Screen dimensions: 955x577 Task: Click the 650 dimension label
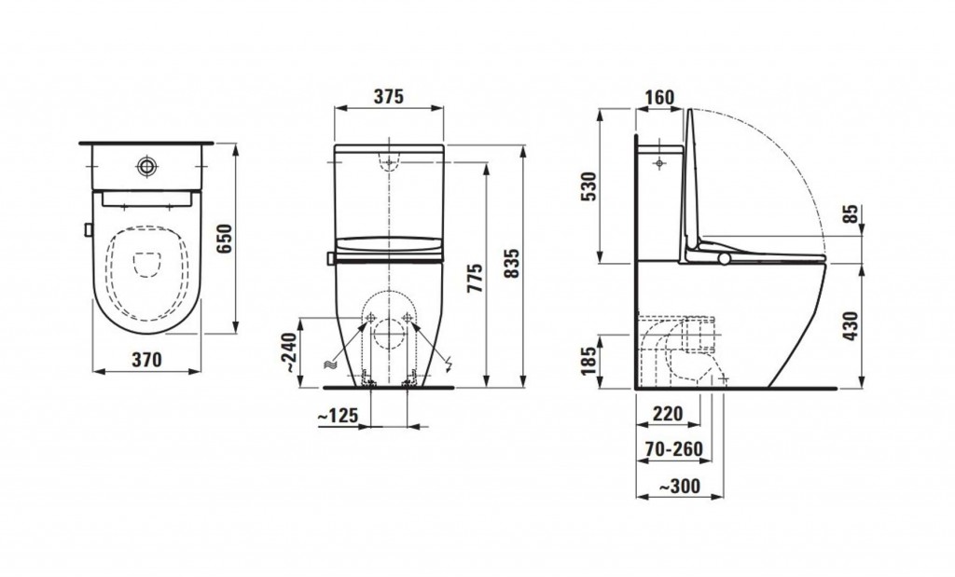coord(226,240)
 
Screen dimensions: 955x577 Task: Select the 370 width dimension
coord(146,360)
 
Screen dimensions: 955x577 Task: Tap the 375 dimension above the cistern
coord(389,96)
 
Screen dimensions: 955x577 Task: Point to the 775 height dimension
coord(476,278)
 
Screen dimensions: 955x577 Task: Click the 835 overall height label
coord(514,263)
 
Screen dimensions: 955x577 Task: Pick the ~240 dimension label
coord(290,352)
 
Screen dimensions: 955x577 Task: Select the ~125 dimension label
coord(338,417)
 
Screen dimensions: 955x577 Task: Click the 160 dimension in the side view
coord(659,97)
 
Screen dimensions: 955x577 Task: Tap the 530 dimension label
coord(589,186)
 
